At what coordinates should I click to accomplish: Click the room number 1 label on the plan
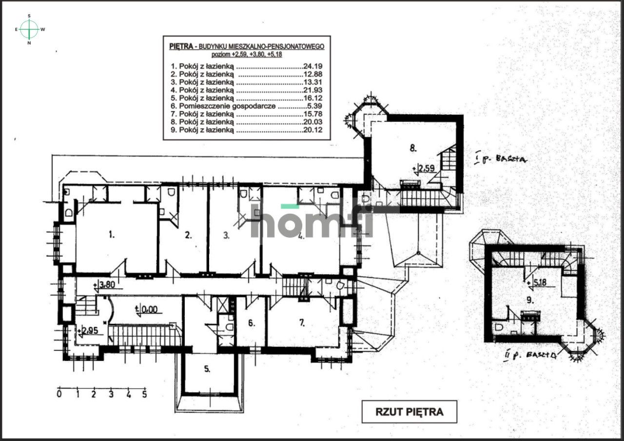coord(112,235)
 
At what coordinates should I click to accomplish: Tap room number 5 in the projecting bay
coord(207,369)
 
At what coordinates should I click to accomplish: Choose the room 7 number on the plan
coord(302,322)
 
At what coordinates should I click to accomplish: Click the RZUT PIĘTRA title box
coord(409,411)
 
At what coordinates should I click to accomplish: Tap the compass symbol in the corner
coord(29,29)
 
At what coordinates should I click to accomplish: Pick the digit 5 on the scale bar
coord(145,394)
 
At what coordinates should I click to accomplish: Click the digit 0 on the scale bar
coord(59,394)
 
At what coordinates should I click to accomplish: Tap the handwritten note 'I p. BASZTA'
coord(503,159)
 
